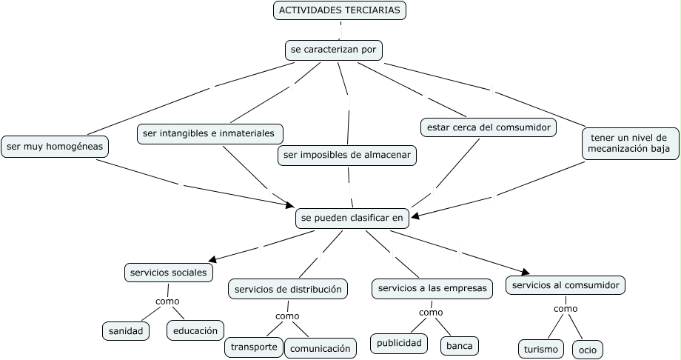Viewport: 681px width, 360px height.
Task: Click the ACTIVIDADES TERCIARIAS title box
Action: click(x=340, y=10)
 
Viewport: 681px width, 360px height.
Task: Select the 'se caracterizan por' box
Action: click(x=334, y=50)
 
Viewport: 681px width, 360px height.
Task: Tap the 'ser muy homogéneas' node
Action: click(x=55, y=147)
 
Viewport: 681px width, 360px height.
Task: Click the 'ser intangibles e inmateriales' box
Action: click(x=210, y=133)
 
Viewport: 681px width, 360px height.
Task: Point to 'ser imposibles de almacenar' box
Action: click(x=347, y=155)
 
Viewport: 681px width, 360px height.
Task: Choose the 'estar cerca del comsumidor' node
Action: click(x=489, y=127)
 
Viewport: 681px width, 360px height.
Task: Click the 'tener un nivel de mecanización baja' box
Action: click(x=629, y=143)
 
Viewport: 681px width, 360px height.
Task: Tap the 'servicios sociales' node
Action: click(x=169, y=273)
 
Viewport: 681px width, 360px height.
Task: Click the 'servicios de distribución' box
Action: click(x=288, y=289)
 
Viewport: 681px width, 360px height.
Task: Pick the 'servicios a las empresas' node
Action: click(x=432, y=288)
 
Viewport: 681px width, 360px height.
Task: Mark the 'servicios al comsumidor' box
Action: click(x=566, y=285)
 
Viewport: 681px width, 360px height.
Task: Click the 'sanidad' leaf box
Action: click(x=125, y=330)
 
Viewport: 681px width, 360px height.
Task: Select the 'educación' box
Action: click(x=195, y=330)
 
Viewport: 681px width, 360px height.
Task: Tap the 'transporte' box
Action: click(x=254, y=347)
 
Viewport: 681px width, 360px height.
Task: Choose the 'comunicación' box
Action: click(x=320, y=347)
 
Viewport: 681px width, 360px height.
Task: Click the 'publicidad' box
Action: click(x=399, y=343)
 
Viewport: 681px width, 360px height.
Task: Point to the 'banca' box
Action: click(x=460, y=345)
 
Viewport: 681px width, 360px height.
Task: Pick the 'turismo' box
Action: click(x=540, y=349)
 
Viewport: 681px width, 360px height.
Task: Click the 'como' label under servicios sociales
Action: click(x=167, y=301)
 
